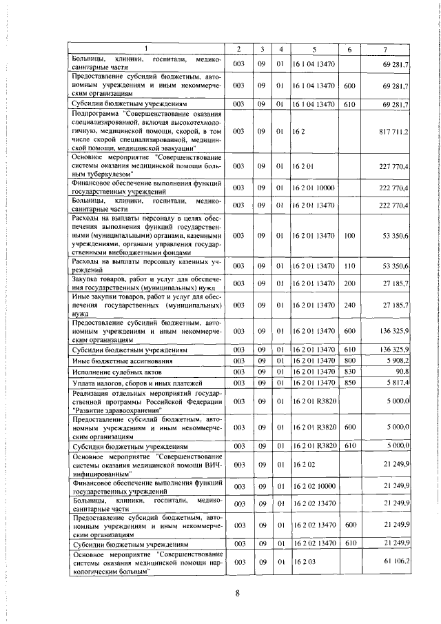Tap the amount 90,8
click(400, 372)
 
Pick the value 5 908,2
click(396, 361)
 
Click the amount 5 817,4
click(396, 383)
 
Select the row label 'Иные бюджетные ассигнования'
click(113, 361)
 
